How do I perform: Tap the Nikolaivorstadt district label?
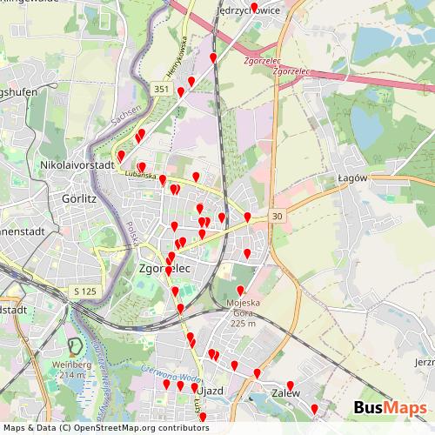point(77,164)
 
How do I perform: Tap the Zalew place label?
point(285,393)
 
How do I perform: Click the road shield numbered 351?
point(161,89)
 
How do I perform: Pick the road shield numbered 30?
point(277,216)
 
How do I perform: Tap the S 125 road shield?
point(84,291)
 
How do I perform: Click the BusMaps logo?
point(390,409)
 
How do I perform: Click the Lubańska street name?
point(140,176)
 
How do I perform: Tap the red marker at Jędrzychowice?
point(254,8)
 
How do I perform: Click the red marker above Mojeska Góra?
point(241,291)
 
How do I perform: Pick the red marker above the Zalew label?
point(291,385)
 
